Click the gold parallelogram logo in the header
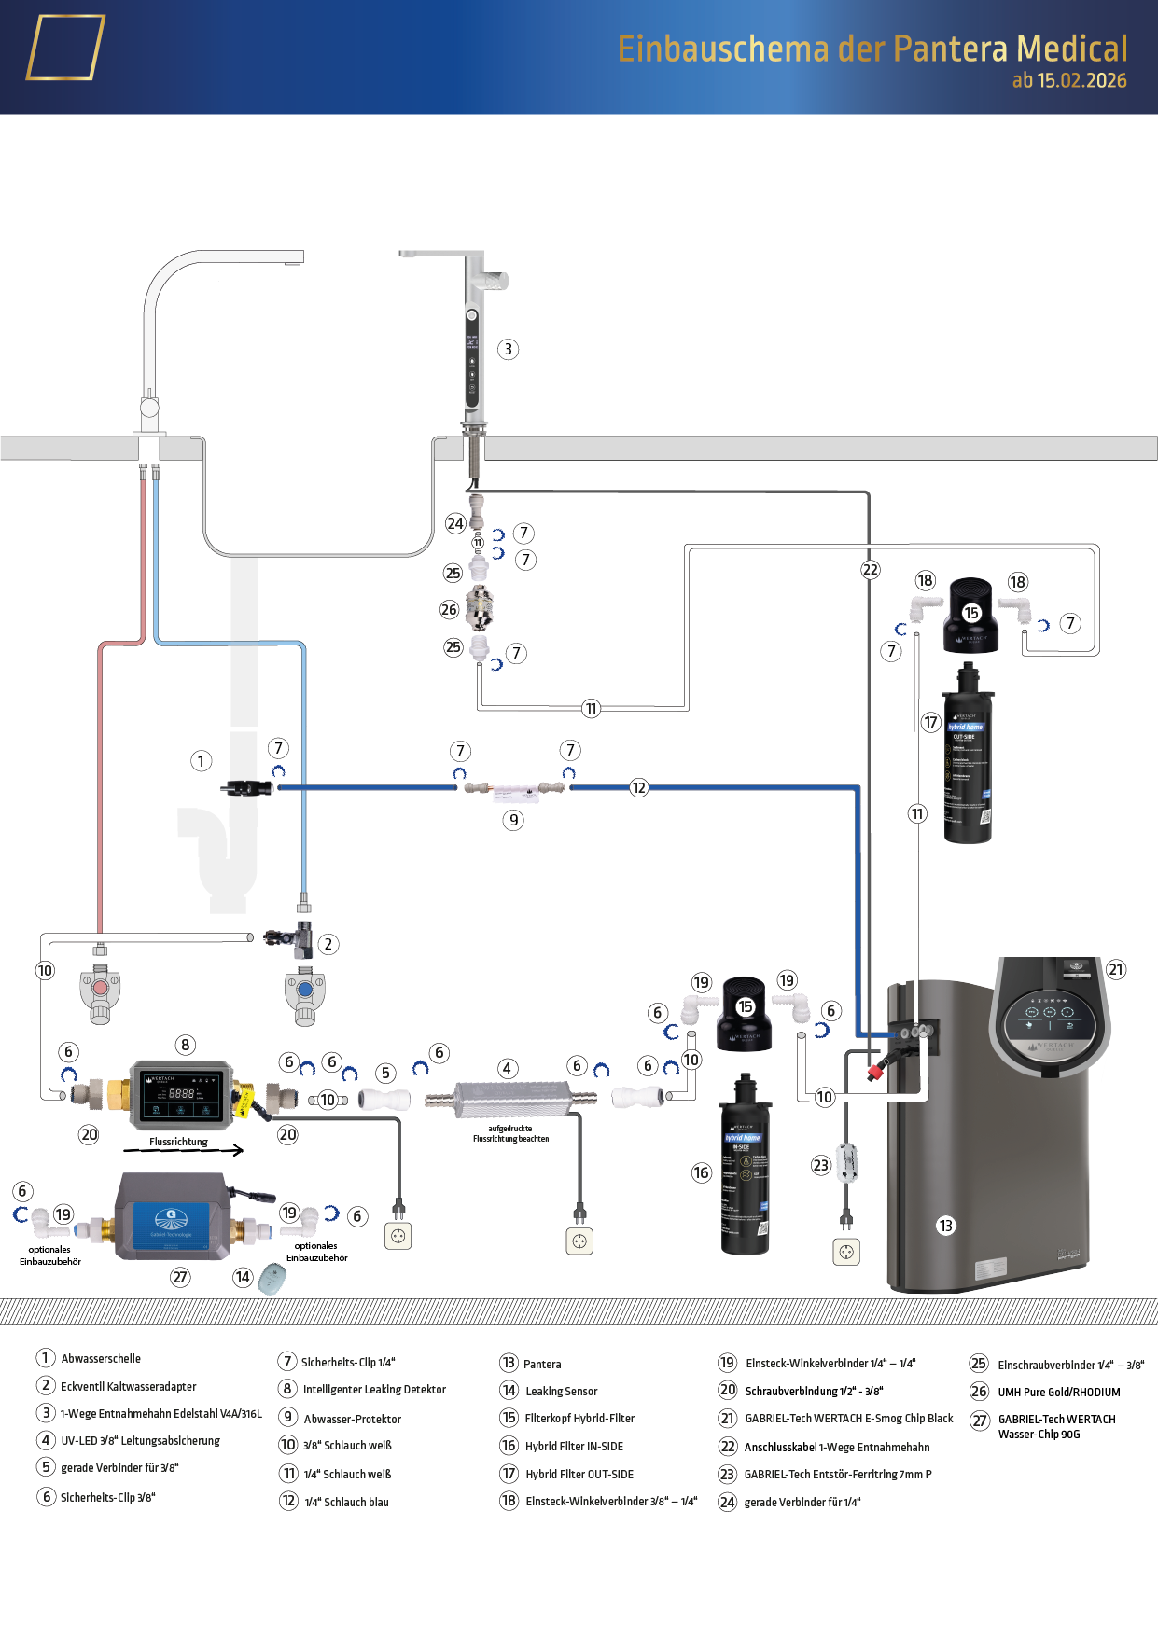coord(65,48)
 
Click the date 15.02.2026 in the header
coord(1081,81)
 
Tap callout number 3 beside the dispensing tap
coord(508,349)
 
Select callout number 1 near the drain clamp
coord(201,761)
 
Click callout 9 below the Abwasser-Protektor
coord(513,820)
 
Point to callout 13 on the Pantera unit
coord(945,1226)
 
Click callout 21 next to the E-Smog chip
coord(1116,969)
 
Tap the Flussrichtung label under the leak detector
coord(178,1142)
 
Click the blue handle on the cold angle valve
coord(305,989)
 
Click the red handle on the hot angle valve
coord(100,988)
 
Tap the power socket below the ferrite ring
coord(846,1252)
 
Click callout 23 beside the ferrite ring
coord(820,1165)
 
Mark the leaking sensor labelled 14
coord(272,1278)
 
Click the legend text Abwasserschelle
coord(101,1359)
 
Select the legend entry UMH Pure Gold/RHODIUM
coord(1058,1393)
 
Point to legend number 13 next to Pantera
coord(509,1363)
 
